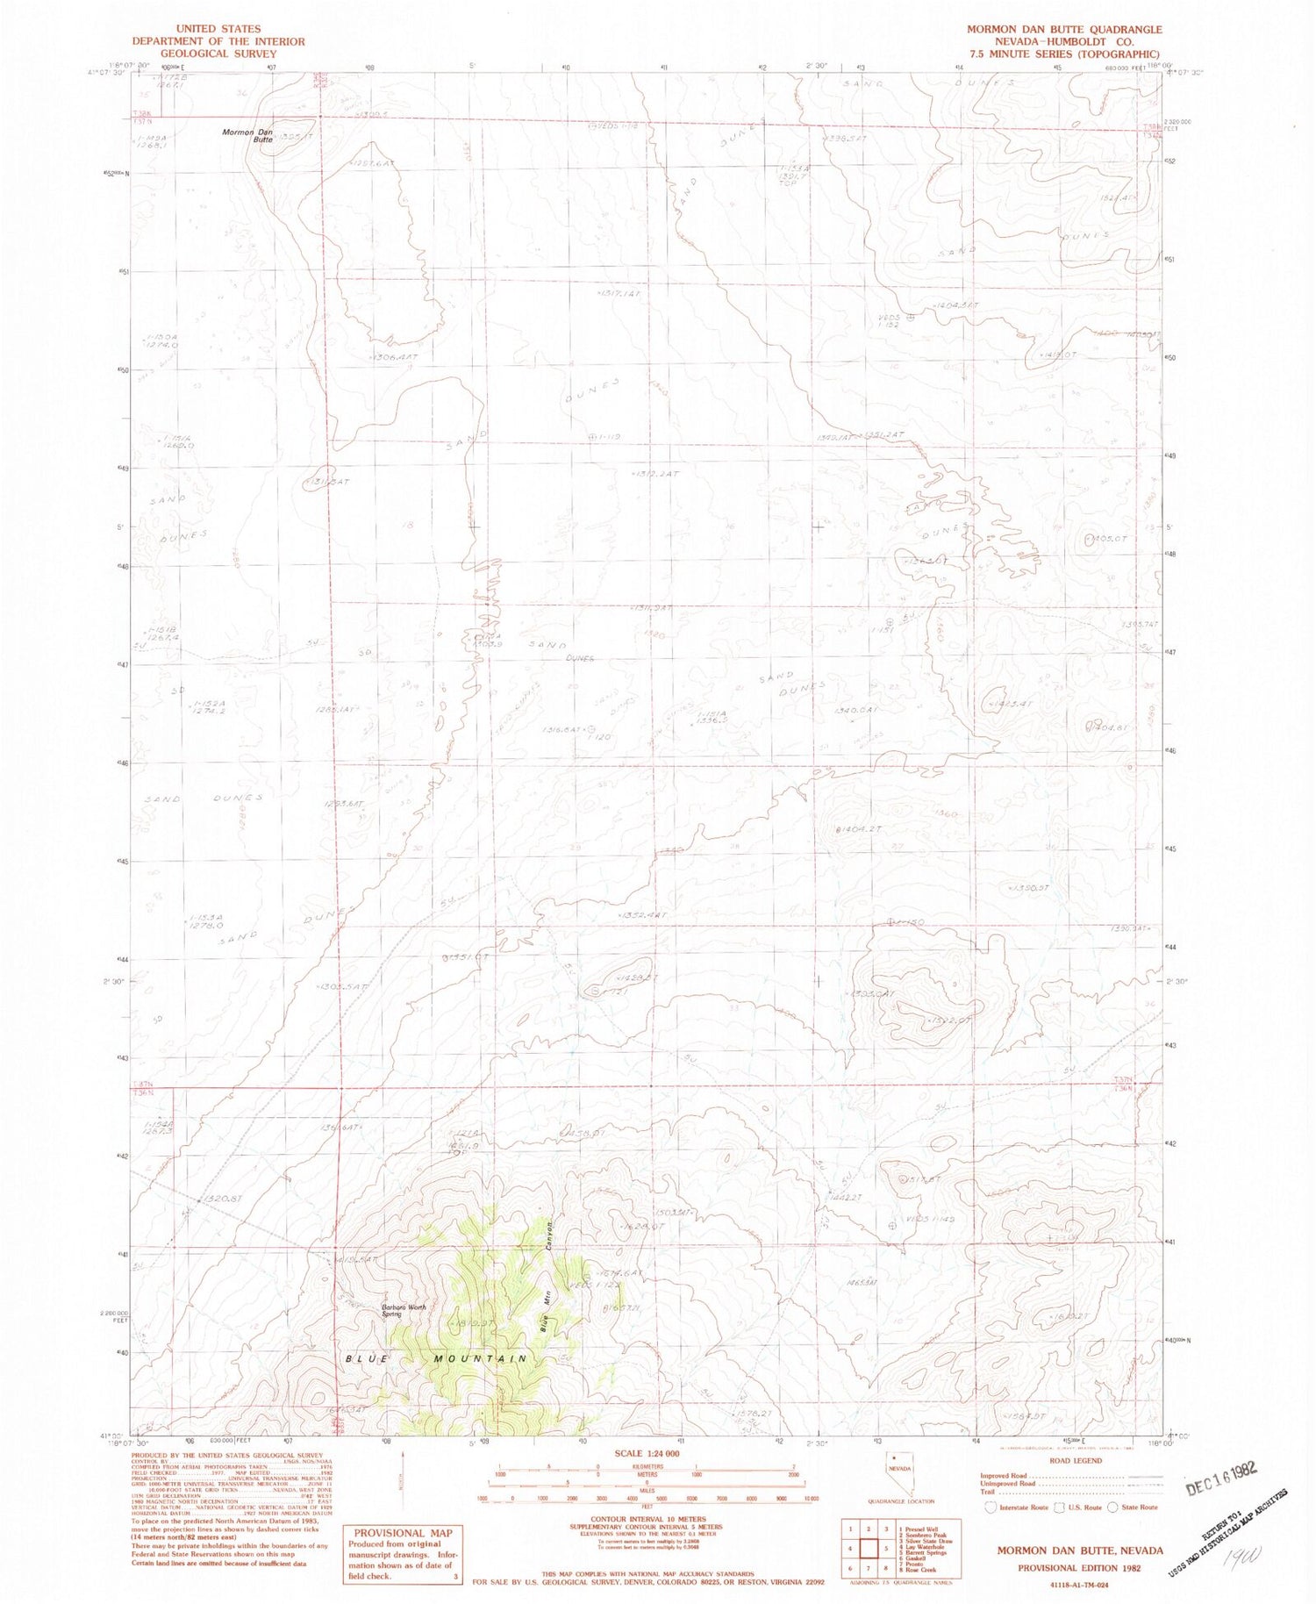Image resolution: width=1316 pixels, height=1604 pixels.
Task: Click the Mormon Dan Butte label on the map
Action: tap(247, 135)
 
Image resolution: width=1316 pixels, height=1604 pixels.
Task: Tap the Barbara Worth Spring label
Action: tap(404, 1310)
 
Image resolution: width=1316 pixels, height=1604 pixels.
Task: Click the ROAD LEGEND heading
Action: tap(1076, 1461)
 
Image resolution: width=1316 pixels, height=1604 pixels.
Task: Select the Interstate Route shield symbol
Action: tap(991, 1507)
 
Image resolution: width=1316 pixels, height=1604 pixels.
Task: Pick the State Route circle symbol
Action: tap(1114, 1507)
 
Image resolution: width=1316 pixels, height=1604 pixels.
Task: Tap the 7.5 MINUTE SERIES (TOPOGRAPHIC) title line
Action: tap(1064, 54)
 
